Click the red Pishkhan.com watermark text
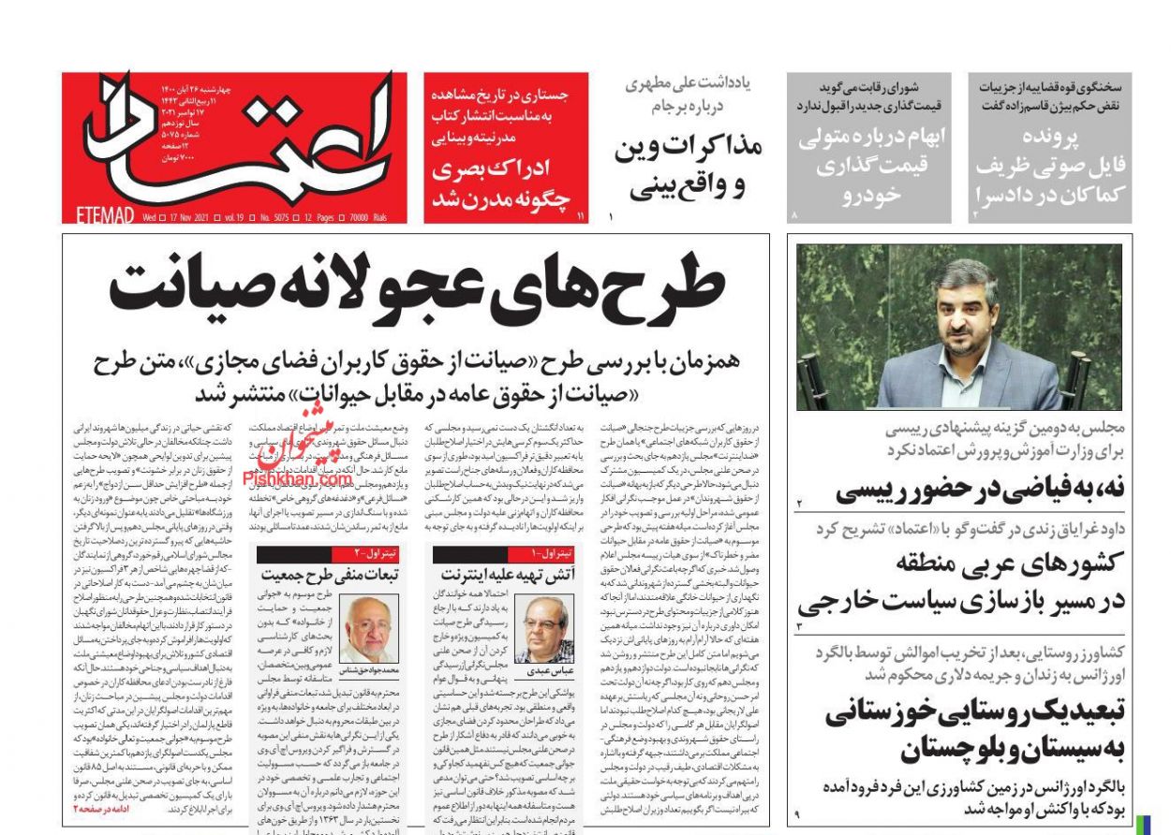(297, 479)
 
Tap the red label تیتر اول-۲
(378, 553)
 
